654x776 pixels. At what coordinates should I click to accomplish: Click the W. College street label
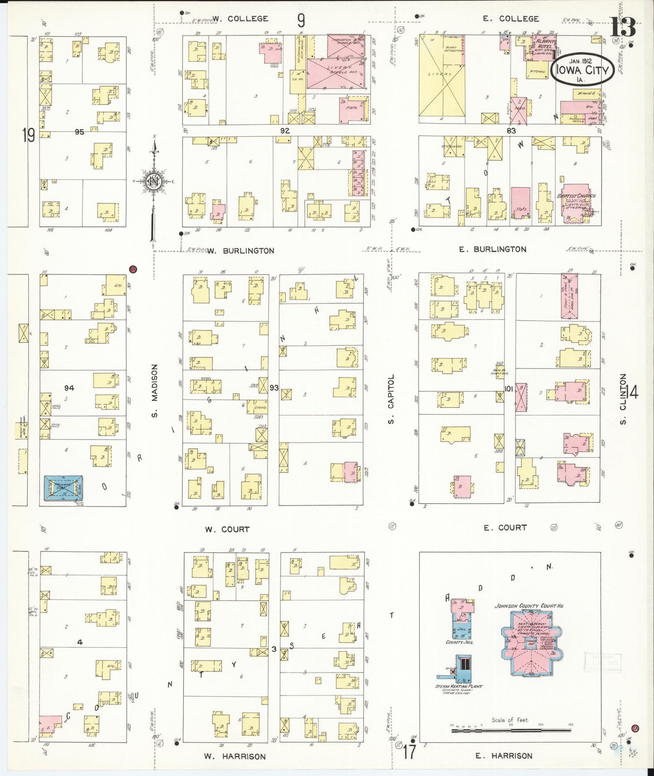point(240,19)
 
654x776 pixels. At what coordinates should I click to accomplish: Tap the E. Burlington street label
point(492,249)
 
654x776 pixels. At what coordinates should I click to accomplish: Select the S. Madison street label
point(155,391)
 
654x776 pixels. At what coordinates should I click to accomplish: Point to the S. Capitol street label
point(392,399)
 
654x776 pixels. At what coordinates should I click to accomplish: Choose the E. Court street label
point(505,527)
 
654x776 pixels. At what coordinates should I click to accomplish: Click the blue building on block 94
point(63,488)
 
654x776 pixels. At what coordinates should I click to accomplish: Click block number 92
point(284,130)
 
